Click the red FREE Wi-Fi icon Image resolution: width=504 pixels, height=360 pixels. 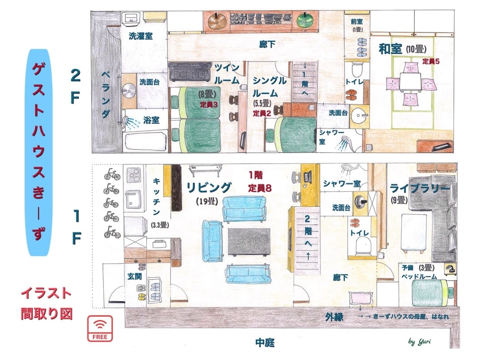coord(100,328)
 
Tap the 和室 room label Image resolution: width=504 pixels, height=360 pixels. coord(390,49)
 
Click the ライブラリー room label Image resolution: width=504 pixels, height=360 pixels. coord(420,188)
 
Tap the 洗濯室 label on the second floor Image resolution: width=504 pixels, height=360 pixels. coord(141,36)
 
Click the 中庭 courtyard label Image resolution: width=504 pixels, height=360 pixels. coord(265,343)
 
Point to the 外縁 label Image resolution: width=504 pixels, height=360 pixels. coord(335,317)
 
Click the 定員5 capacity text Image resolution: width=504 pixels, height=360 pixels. coord(431,62)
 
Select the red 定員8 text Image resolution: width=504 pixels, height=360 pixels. coord(260,188)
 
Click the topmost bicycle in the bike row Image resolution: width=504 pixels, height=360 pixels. coord(111,174)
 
